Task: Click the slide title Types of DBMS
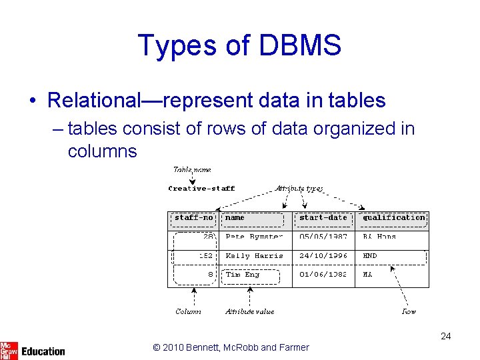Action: click(239, 45)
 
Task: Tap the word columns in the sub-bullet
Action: click(102, 151)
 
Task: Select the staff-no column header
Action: click(193, 218)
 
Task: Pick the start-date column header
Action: click(323, 218)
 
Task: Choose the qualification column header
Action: click(394, 218)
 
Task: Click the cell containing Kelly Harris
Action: click(254, 256)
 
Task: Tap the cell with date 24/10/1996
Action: click(323, 256)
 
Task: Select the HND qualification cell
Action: click(370, 256)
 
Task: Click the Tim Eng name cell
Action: click(243, 275)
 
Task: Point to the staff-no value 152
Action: click(205, 256)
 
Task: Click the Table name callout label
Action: click(192, 170)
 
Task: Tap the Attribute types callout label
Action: click(299, 189)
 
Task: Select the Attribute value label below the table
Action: click(249, 311)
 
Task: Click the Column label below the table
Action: click(188, 311)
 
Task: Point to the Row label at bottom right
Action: click(408, 311)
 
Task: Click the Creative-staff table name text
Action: click(201, 189)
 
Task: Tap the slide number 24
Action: click(445, 336)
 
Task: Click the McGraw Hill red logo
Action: click(9, 349)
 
